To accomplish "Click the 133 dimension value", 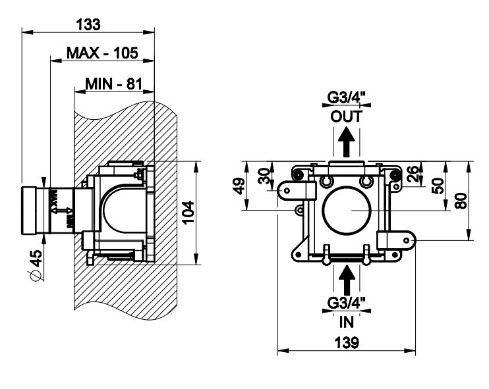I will pyautogui.click(x=88, y=24).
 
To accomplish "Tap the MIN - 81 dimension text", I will pyautogui.click(x=113, y=84).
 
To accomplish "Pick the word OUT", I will pyautogui.click(x=347, y=117).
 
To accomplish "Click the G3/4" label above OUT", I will pyautogui.click(x=347, y=99).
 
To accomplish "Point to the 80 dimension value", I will pyautogui.click(x=462, y=200).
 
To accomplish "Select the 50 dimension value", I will pyautogui.click(x=437, y=186).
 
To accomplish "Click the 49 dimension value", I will pyautogui.click(x=240, y=186).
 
